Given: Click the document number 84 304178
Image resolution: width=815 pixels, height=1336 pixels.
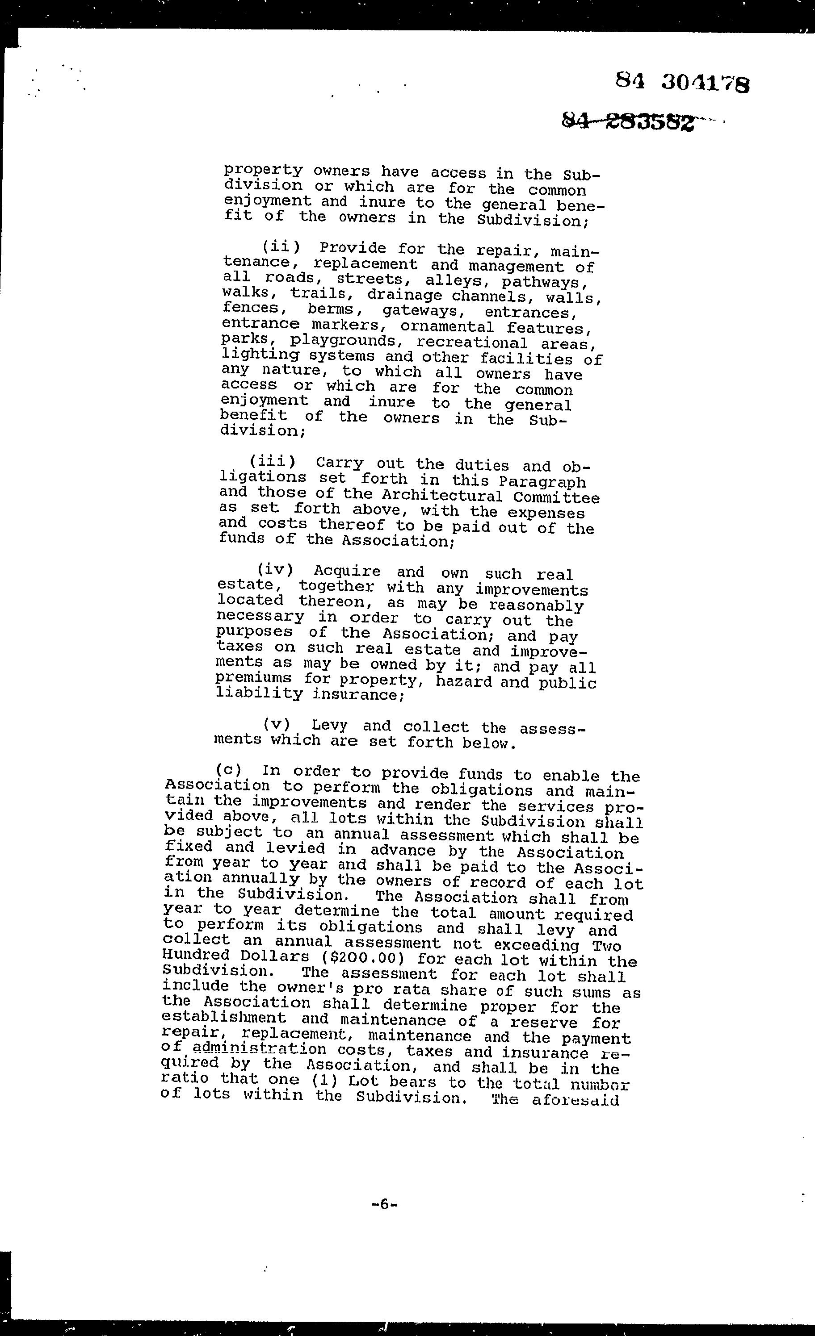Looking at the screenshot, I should [x=683, y=83].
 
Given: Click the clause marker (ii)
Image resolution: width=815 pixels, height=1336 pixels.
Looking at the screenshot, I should [x=281, y=248].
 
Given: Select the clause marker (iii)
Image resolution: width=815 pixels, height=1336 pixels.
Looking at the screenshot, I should [x=273, y=462].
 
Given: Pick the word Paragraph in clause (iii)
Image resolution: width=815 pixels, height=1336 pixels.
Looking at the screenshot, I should [x=542, y=481].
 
